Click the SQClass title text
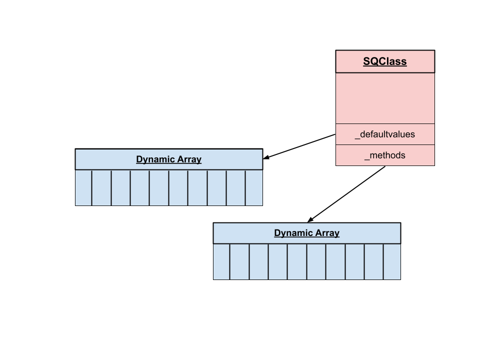(384, 62)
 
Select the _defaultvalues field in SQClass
(384, 134)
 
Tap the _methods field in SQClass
(384, 155)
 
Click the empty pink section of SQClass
(384, 98)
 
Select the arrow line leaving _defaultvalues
(300, 146)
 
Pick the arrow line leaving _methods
(347, 193)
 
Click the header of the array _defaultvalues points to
(168, 159)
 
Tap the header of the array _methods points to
(306, 233)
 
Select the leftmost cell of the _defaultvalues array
(83, 188)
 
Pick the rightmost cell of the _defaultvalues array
(254, 188)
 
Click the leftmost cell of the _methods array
(221, 262)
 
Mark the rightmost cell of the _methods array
(392, 262)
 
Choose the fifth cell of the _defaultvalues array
(159, 188)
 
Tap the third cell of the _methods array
(259, 262)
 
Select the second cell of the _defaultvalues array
(101, 188)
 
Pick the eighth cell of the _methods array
(354, 262)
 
